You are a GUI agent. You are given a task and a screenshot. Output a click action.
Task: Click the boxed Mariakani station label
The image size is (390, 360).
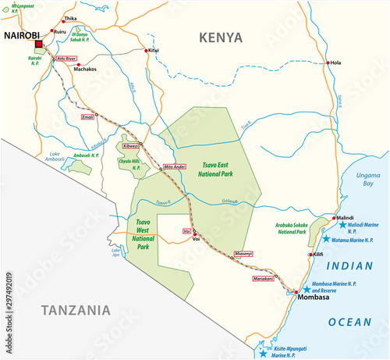pos(264,278)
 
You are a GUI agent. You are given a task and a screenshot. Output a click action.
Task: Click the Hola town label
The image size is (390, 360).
pos(336,63)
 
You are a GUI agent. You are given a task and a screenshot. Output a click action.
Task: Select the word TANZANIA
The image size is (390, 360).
pos(66,311)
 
